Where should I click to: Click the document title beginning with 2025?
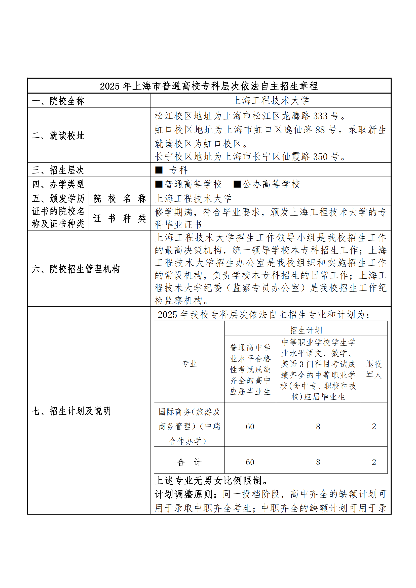pyautogui.click(x=209, y=86)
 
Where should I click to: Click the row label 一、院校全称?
pyautogui.click(x=58, y=101)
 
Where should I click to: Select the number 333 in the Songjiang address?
pyautogui.click(x=320, y=116)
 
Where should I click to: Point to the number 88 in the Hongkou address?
pyautogui.click(x=320, y=130)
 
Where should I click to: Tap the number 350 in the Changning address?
pyautogui.click(x=320, y=157)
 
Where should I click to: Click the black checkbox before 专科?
pyautogui.click(x=159, y=170)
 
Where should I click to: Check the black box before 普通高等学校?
pyautogui.click(x=159, y=184)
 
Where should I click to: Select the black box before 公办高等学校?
pyautogui.click(x=237, y=184)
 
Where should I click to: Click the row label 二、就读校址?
pyautogui.click(x=58, y=136)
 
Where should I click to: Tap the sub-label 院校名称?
pyautogui.click(x=120, y=198)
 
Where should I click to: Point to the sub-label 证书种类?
pyautogui.click(x=120, y=218)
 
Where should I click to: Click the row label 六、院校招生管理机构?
pyautogui.click(x=75, y=269)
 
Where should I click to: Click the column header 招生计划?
pyautogui.click(x=306, y=330)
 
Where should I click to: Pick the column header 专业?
pyautogui.click(x=189, y=363)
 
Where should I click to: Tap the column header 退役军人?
pyautogui.click(x=374, y=369)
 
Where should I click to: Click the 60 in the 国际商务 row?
pyautogui.click(x=250, y=426)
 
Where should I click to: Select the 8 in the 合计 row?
pyautogui.click(x=318, y=462)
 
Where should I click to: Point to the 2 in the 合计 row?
pyautogui.click(x=374, y=462)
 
